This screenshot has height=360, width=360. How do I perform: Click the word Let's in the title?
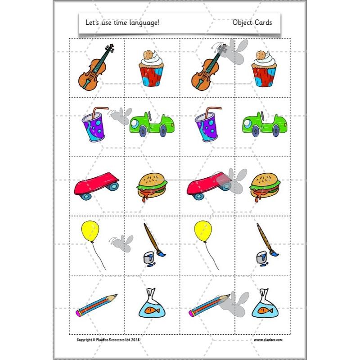[x=93, y=22]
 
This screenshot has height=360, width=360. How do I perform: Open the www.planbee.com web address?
[x=268, y=340]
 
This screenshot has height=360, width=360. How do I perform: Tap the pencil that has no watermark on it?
[x=96, y=305]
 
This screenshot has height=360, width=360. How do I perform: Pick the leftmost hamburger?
[x=152, y=186]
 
